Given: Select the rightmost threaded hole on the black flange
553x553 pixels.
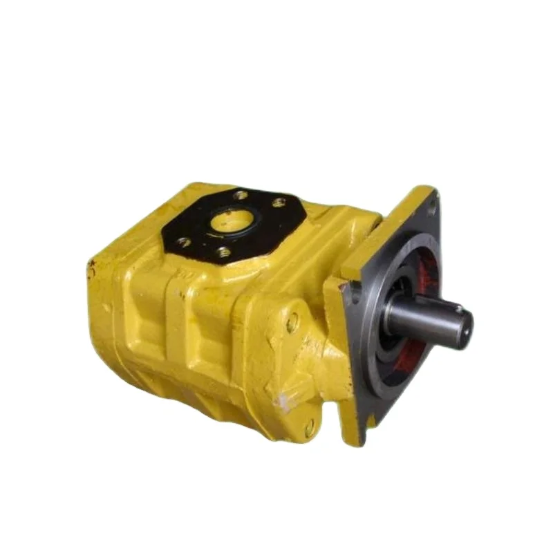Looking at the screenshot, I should click(279, 203).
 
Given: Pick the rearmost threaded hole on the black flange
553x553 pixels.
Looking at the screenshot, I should click(241, 196).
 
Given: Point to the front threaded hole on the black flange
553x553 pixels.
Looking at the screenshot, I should click(223, 254).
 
